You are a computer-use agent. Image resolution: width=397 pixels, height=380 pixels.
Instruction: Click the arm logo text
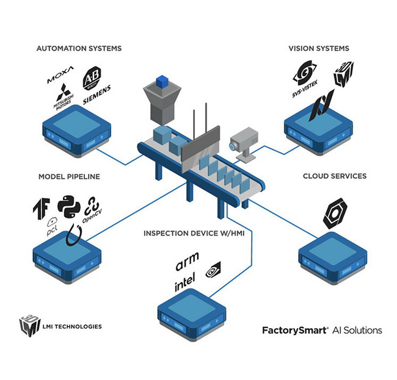[x=188, y=265]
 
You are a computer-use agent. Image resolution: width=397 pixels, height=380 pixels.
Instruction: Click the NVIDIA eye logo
[x=214, y=269]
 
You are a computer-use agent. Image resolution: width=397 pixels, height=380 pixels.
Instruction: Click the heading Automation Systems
[x=79, y=48]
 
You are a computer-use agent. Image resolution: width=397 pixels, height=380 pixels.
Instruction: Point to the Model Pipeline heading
[x=69, y=176]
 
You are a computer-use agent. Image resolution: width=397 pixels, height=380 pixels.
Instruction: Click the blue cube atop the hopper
[x=162, y=82]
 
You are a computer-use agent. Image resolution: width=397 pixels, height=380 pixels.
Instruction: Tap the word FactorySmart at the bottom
[x=291, y=330]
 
